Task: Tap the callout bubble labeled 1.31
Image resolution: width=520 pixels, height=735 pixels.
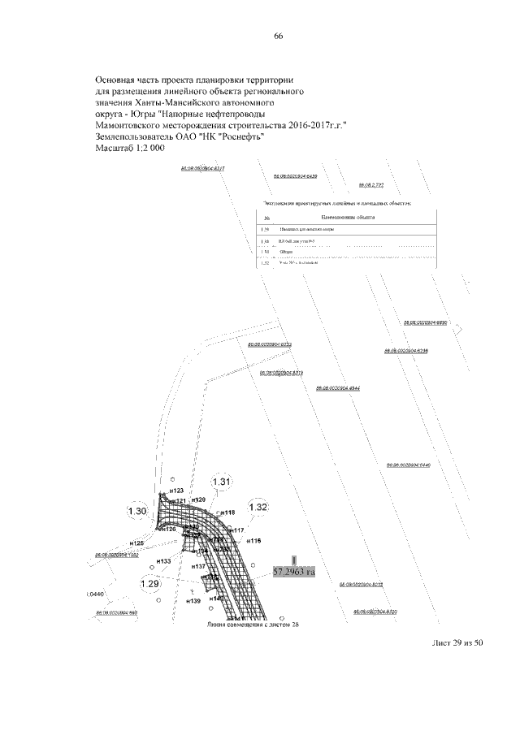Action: (223, 482)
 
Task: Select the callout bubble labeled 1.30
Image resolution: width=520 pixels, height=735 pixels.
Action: (137, 511)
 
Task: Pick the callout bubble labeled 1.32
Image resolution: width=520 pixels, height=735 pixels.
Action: (258, 507)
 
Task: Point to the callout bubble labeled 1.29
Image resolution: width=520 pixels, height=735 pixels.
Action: (150, 583)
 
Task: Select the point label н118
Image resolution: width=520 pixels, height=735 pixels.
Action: (227, 513)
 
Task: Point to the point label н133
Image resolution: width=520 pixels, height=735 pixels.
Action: (162, 561)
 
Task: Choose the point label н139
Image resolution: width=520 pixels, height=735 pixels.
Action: (193, 602)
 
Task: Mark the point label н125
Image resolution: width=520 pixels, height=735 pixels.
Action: (136, 543)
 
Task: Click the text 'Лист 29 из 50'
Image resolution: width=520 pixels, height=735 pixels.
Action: (457, 643)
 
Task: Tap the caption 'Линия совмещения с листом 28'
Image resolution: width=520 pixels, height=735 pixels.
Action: (249, 625)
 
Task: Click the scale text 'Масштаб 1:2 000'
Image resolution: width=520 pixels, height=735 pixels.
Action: (130, 149)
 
